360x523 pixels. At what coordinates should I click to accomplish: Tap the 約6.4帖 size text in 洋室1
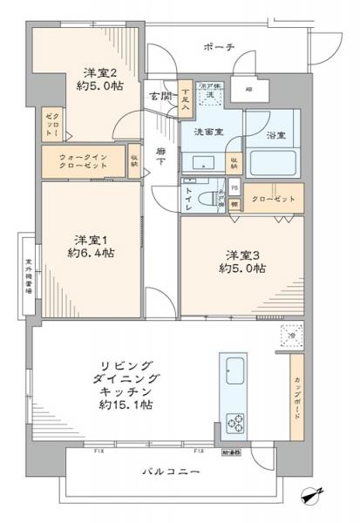coord(93,253)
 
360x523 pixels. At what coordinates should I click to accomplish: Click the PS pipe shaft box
coord(234,187)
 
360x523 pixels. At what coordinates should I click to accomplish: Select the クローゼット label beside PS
coord(275,200)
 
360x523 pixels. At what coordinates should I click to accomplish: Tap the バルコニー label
coord(171,472)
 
